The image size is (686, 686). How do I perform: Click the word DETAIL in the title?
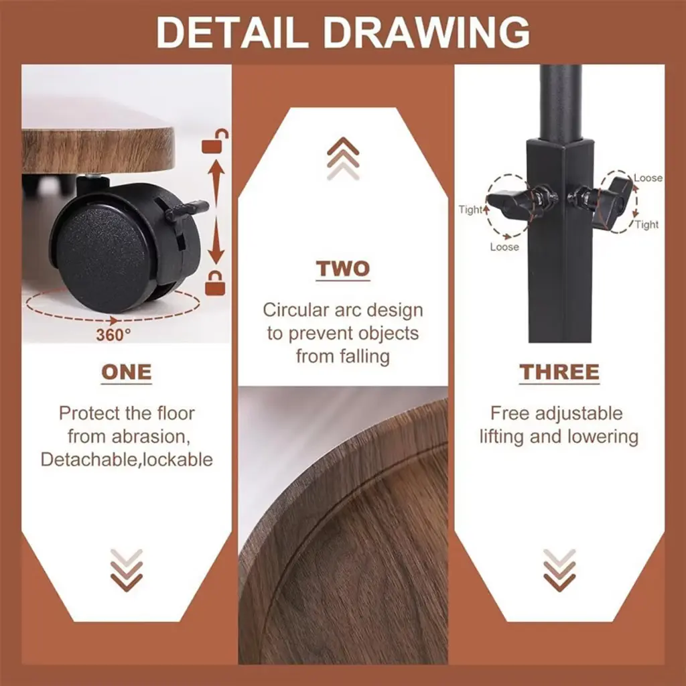232,32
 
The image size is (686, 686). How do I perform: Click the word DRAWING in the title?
427,32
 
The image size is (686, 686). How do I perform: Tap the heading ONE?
127,372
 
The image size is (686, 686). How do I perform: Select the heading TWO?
343,269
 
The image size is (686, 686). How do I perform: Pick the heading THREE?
559,372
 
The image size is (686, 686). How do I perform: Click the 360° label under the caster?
113,335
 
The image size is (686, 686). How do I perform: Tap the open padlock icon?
215,141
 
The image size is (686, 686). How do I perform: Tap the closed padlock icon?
215,283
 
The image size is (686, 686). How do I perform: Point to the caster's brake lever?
186,209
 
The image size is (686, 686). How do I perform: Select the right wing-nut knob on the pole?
600,198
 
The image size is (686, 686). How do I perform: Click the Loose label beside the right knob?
648,178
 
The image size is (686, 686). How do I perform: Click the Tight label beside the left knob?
470,210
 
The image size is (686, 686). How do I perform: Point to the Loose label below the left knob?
504,247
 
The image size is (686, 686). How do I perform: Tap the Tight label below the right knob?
646,224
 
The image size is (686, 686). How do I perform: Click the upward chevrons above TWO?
343,158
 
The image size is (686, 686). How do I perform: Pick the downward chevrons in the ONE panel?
127,570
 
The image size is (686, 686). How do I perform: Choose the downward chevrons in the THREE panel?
559,570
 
